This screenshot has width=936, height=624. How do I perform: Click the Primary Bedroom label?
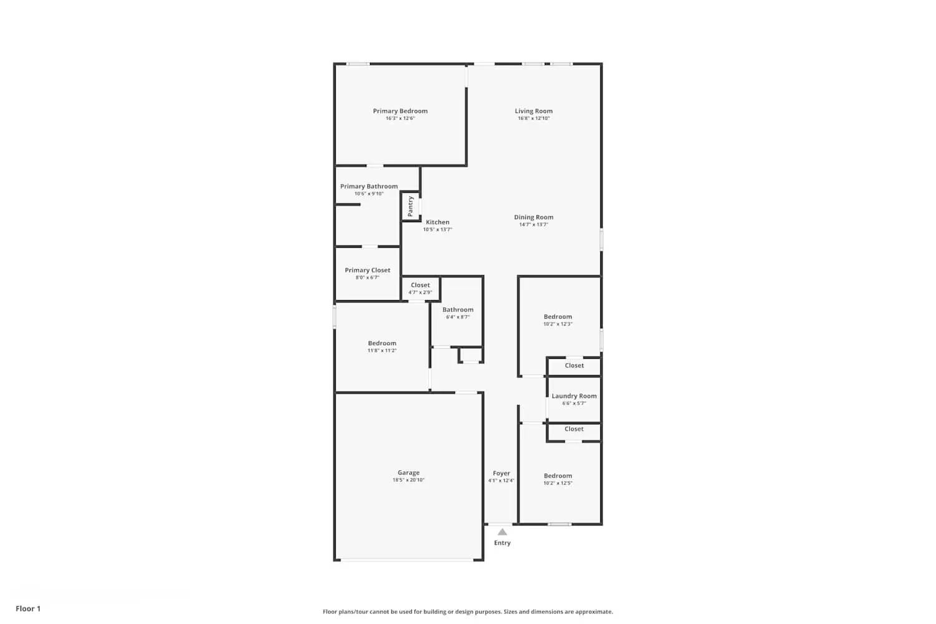coord(400,111)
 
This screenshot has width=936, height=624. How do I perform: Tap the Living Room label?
coord(534,111)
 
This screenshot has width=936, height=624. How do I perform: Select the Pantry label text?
coord(411,206)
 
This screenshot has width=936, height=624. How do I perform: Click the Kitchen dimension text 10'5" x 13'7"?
coord(437,230)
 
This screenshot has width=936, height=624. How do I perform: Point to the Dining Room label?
coord(534,217)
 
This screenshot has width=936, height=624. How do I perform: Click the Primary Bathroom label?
coord(369,186)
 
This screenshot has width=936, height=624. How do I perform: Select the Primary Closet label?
coord(368,270)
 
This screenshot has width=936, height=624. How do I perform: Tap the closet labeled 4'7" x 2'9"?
coord(420,285)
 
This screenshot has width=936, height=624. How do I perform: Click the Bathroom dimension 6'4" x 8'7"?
coord(457,317)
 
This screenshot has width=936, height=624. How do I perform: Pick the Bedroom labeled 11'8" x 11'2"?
coord(382,343)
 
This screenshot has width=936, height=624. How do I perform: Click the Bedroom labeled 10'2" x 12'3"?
coord(557,316)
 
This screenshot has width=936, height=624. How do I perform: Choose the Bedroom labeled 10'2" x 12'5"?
coord(557,475)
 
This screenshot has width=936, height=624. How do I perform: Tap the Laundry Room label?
coord(574,396)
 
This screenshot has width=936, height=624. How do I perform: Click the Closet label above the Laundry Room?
coord(574,366)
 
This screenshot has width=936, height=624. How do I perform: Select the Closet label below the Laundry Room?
coord(574,429)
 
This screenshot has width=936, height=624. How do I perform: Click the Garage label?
coord(409,472)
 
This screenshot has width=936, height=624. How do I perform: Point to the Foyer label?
coord(501,473)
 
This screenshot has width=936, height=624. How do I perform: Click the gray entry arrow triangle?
coord(502,532)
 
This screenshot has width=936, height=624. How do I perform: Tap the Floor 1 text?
coord(28,608)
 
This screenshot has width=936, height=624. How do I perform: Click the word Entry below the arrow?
coord(502,543)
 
